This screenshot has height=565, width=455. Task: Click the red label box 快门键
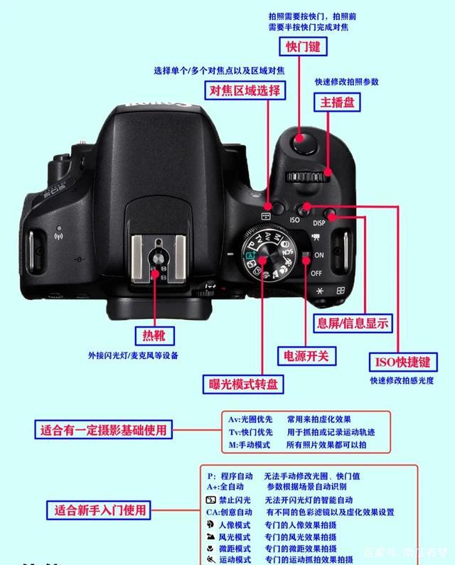[x=303, y=47]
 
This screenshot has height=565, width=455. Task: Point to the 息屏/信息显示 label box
[x=353, y=323]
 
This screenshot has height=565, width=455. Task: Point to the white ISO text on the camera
[x=295, y=220]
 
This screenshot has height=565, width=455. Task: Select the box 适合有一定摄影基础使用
[x=103, y=430]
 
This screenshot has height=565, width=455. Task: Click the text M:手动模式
[x=250, y=444]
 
